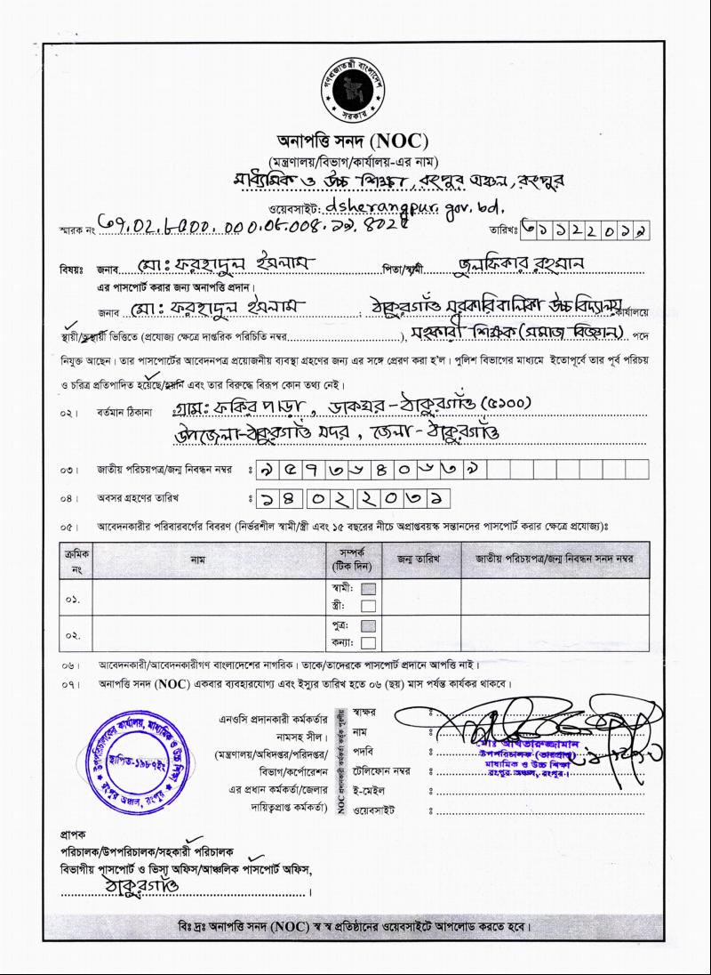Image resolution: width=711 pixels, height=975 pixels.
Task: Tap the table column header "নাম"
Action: (x=209, y=560)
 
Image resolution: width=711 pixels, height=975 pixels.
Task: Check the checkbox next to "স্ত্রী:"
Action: (x=369, y=606)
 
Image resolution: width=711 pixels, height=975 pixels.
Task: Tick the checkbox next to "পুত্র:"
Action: (x=369, y=626)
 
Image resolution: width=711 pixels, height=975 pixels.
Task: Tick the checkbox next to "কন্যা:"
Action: (x=369, y=643)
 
